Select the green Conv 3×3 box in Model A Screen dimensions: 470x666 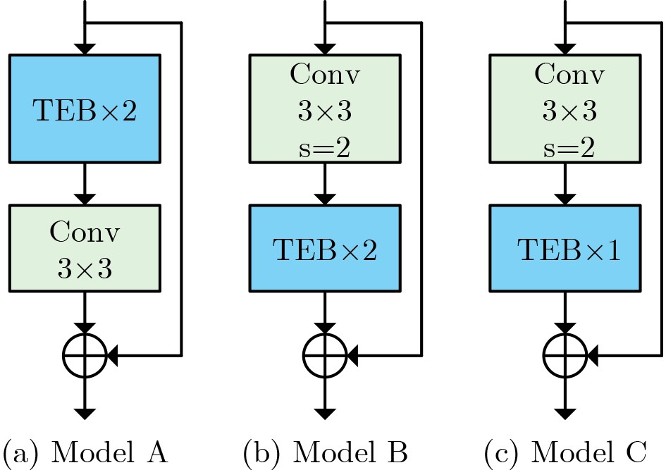coord(85,247)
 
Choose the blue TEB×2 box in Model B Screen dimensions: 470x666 coord(325,248)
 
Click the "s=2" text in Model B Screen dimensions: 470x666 coord(325,149)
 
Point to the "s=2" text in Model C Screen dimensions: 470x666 coord(568,149)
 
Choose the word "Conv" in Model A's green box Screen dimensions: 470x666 coord(85,231)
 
